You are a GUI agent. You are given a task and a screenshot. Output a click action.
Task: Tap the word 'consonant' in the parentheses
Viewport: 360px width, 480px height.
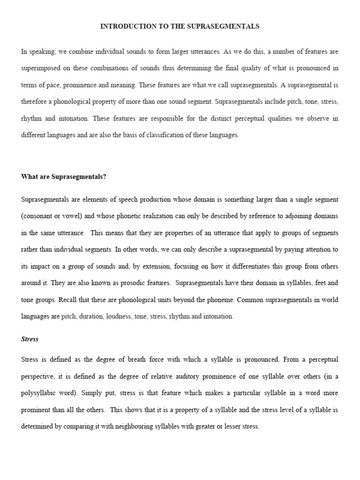[39, 216]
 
